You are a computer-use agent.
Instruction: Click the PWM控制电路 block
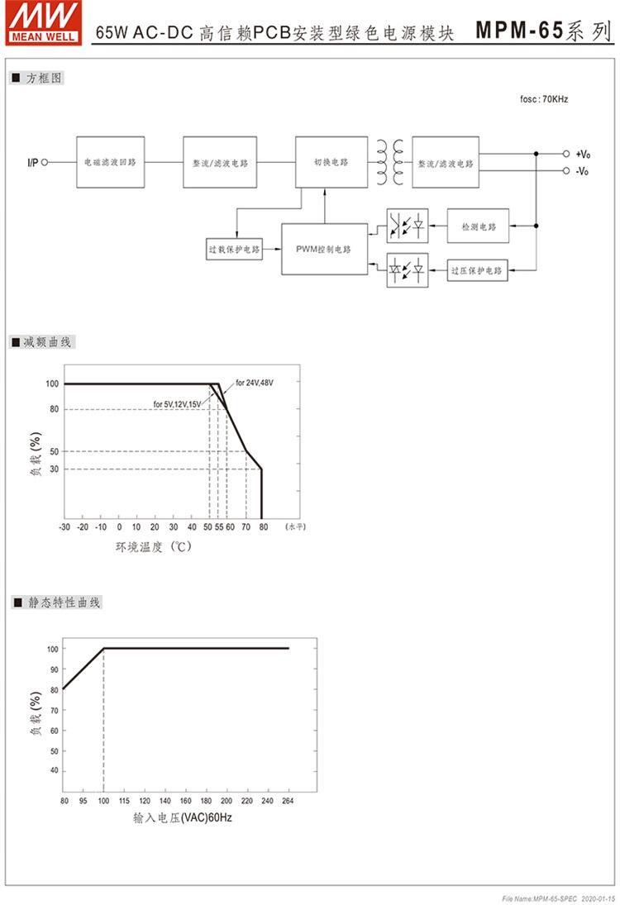point(323,248)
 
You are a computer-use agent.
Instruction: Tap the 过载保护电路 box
point(234,248)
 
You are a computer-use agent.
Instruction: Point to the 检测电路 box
point(479,226)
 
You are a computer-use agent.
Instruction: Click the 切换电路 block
point(331,163)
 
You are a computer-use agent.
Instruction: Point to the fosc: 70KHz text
point(543,99)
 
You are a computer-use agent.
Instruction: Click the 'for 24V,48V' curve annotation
point(254,383)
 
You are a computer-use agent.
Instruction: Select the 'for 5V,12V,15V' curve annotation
point(177,404)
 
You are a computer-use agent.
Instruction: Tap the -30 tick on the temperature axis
point(64,526)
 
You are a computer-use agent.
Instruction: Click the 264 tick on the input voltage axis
point(288,801)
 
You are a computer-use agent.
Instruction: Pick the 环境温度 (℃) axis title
point(153,546)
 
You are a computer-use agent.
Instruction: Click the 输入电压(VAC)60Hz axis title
point(177,818)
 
